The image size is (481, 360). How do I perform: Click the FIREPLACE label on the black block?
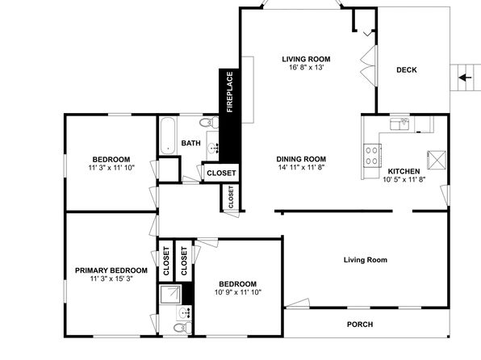(x=230, y=92)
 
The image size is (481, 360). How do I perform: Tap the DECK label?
(x=407, y=70)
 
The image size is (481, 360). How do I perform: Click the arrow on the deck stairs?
(x=465, y=77)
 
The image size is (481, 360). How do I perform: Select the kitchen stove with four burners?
(x=372, y=156)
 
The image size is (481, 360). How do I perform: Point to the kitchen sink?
(x=399, y=123)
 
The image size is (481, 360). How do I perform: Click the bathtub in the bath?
(x=168, y=136)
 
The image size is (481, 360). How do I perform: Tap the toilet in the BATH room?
(x=209, y=123)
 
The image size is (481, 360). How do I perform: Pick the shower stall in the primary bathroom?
(x=170, y=295)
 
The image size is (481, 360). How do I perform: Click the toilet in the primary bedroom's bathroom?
(x=182, y=328)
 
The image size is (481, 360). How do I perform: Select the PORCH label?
(x=360, y=324)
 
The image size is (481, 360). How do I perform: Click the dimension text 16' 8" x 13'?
(x=306, y=67)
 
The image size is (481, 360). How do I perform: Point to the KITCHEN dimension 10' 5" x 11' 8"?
(x=404, y=179)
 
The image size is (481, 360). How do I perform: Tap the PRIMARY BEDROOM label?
(x=111, y=270)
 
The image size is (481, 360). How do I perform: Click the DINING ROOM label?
(x=301, y=159)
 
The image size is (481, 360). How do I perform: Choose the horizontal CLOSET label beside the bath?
(x=221, y=173)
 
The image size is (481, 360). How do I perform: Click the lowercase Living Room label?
(x=366, y=260)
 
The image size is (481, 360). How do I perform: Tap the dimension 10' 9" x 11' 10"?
(x=238, y=292)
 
